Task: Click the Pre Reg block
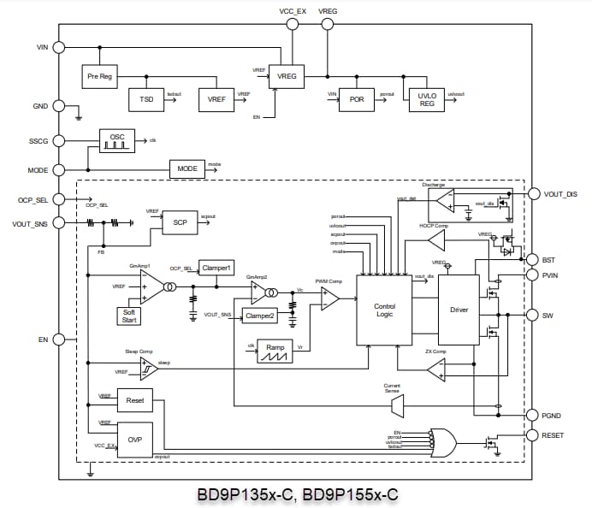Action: [99, 77]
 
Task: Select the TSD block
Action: [145, 99]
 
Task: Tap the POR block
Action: [357, 99]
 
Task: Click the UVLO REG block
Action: [426, 99]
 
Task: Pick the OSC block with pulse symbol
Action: [116, 140]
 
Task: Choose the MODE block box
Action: [186, 168]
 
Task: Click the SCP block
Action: [180, 222]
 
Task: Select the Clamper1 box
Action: [216, 268]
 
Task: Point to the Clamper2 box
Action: [260, 316]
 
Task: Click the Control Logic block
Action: [384, 310]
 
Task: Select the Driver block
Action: [459, 310]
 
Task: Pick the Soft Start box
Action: [131, 315]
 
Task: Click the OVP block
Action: [134, 440]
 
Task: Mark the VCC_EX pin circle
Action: [293, 25]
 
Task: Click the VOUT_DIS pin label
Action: [560, 194]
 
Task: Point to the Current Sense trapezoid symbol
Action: [396, 405]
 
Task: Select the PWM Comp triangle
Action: [329, 298]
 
